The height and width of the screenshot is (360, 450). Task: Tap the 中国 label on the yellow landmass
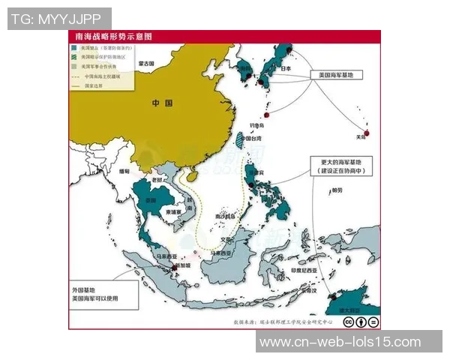[x=163, y=103]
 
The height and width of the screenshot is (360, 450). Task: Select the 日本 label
[x=284, y=69]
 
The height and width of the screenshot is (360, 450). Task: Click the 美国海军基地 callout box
[x=335, y=76]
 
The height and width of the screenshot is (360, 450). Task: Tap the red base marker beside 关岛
[x=367, y=129]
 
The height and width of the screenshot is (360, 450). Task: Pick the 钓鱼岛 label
[x=257, y=125]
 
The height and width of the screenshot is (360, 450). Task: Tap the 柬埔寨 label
[x=172, y=212]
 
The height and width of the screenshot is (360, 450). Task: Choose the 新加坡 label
[x=183, y=265]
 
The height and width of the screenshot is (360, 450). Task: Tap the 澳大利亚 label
[x=349, y=309]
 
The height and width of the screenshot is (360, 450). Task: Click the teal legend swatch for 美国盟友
[x=73, y=47]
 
